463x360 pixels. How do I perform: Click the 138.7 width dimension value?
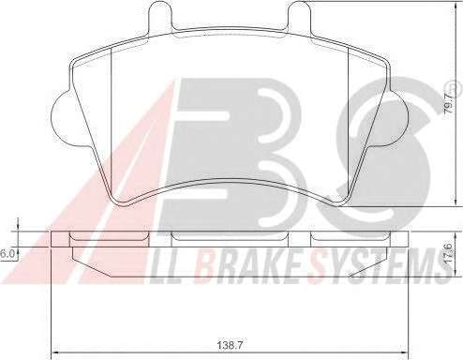[x=230, y=345]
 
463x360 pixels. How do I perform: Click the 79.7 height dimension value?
[x=449, y=102]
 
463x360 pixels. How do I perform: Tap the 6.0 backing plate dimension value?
[x=7, y=254]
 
